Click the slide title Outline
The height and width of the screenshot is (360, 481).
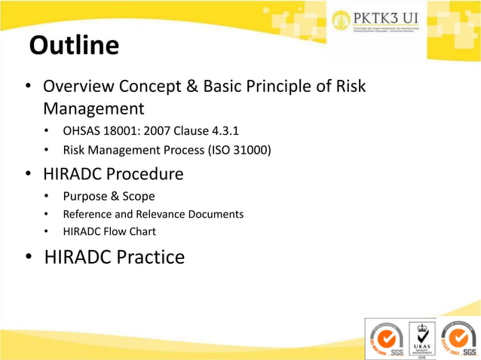[74, 46]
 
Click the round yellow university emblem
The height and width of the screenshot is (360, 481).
[342, 20]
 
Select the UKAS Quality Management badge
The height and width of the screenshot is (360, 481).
[421, 338]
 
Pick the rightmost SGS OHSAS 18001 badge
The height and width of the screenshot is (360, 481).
[458, 338]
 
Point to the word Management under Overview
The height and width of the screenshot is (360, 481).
[93, 109]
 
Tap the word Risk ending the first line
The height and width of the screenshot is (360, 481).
[349, 87]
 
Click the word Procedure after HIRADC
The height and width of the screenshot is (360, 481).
[143, 174]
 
